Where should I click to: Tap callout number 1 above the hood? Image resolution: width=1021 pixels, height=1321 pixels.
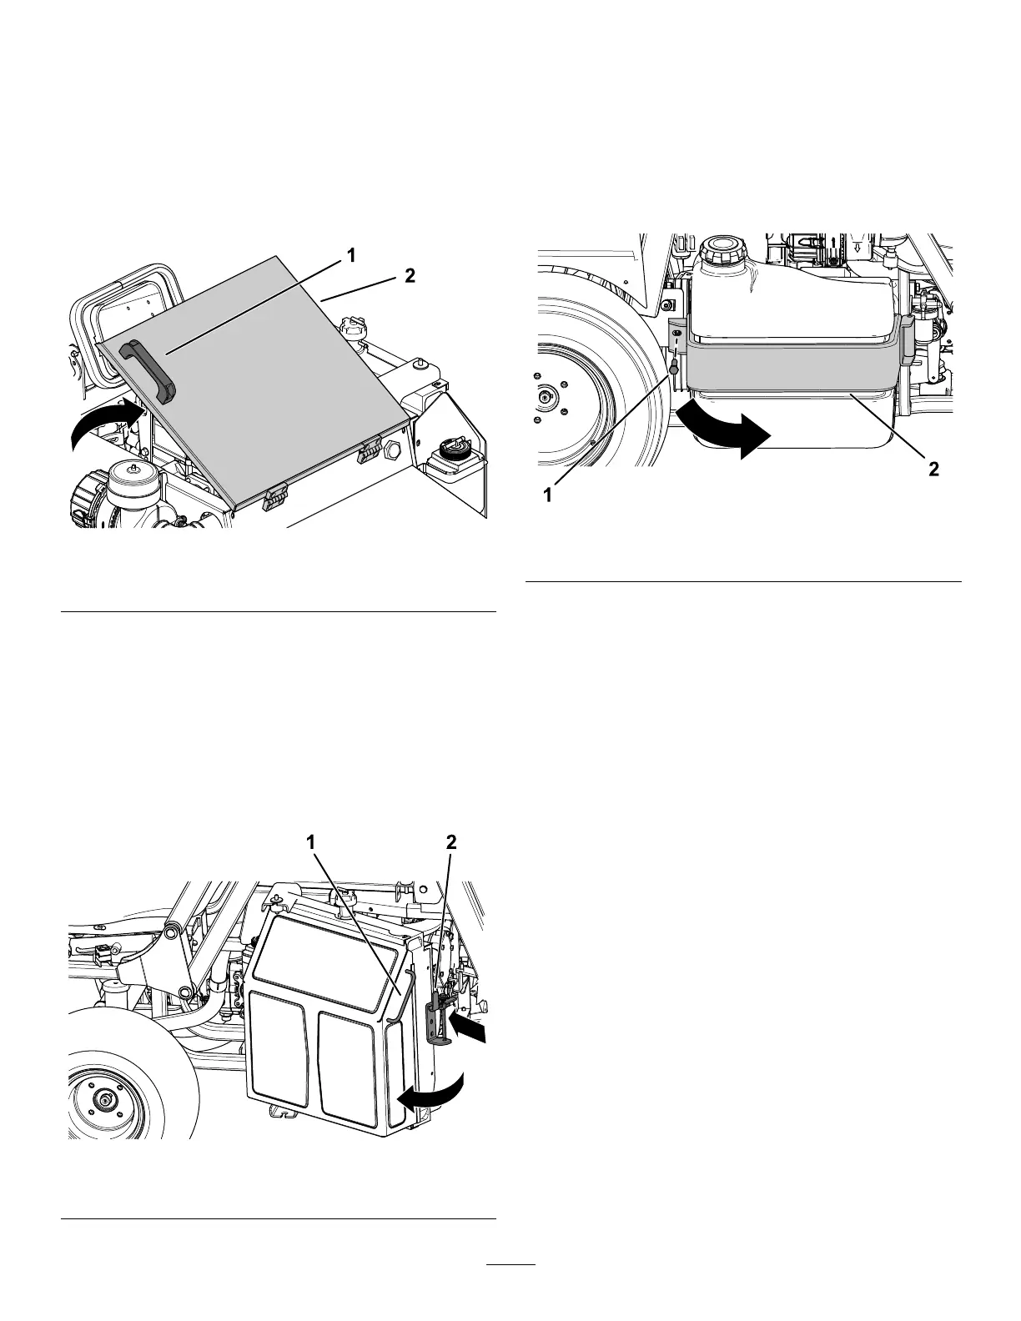click(351, 257)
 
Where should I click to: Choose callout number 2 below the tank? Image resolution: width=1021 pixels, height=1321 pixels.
click(933, 469)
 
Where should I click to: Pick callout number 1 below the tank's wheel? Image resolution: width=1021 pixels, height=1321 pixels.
click(548, 495)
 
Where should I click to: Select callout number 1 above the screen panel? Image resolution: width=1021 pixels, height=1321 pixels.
click(312, 842)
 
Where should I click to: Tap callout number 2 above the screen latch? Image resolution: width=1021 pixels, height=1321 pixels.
click(451, 842)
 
